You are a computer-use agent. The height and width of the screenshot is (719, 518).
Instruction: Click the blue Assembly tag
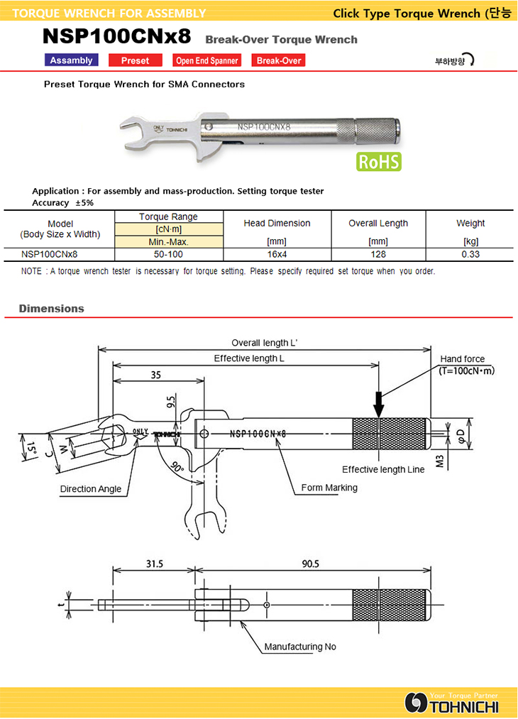[x=71, y=60]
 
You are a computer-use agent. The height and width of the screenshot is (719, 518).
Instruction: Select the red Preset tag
[x=135, y=60]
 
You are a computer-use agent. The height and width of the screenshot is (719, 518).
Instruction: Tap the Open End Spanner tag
[x=206, y=60]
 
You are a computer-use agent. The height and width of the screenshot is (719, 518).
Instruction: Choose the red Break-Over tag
[x=278, y=60]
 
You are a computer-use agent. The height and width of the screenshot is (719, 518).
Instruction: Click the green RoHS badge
[x=379, y=161]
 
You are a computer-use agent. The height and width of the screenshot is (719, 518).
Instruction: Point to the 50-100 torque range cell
[x=168, y=254]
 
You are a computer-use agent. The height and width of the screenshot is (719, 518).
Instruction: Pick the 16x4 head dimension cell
[x=277, y=254]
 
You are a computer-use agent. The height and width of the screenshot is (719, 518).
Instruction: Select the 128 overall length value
[x=378, y=254]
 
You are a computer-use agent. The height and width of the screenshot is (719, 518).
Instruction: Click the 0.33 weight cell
[x=470, y=254]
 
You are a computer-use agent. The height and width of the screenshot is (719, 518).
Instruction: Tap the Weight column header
[x=470, y=223]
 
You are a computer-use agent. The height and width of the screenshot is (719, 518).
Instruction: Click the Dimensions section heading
[x=51, y=309]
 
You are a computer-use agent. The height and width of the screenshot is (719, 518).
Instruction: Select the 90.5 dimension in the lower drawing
[x=310, y=564]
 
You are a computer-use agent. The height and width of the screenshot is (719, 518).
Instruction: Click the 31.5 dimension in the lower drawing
[x=154, y=564]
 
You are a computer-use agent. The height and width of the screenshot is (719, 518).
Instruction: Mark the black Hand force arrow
[x=379, y=404]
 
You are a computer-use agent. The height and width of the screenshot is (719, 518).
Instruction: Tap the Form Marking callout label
[x=329, y=488]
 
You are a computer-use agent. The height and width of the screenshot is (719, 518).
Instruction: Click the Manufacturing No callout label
[x=300, y=647]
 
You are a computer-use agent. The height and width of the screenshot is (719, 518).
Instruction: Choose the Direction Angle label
[x=90, y=488]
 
